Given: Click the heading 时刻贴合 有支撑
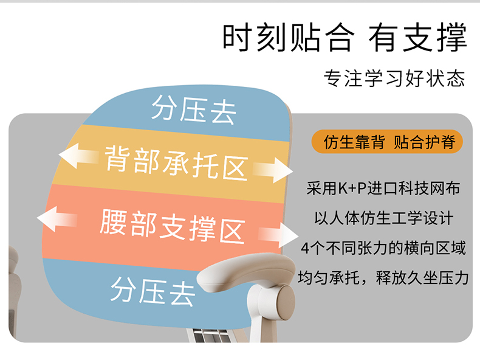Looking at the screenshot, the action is (x=345, y=37).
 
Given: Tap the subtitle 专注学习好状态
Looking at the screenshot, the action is (x=394, y=78).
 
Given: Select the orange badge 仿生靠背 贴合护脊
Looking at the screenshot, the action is (x=387, y=142).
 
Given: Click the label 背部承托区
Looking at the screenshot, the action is (x=176, y=162).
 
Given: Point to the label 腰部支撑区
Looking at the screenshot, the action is (x=173, y=226).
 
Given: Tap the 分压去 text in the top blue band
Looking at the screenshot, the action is (x=194, y=110).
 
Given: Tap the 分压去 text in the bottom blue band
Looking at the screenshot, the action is (x=153, y=291).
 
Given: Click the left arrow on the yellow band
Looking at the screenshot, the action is (x=78, y=156).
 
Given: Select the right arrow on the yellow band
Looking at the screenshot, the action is (x=272, y=170).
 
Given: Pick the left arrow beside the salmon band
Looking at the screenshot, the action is (x=57, y=219).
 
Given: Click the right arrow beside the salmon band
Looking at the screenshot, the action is (x=278, y=235).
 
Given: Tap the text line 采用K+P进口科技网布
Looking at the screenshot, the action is (x=383, y=188).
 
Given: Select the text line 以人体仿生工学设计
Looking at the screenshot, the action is (x=383, y=218).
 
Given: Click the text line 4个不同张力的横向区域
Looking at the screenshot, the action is (x=383, y=248).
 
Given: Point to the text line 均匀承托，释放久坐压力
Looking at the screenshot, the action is (x=383, y=278).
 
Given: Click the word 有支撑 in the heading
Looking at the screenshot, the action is (x=417, y=37).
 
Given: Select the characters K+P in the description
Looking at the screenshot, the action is (x=352, y=189).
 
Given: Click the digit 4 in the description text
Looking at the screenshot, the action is (x=305, y=248).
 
